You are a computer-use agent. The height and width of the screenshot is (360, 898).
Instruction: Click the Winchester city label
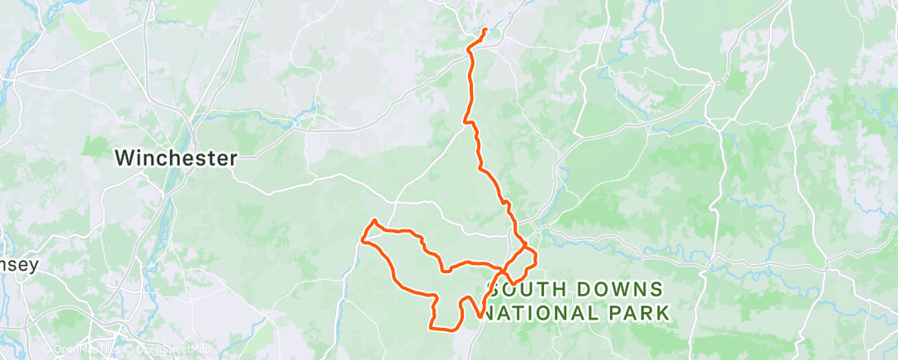(x=176, y=158)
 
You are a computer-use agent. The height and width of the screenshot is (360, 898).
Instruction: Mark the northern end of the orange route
(x=484, y=31)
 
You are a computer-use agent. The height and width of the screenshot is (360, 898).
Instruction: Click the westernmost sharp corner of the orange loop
(x=362, y=240)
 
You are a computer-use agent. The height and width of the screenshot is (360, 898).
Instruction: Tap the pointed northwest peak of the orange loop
(x=375, y=221)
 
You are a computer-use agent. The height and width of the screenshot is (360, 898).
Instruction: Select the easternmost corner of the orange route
(x=536, y=258)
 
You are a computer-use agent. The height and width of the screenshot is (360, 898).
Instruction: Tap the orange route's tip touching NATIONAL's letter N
(x=481, y=316)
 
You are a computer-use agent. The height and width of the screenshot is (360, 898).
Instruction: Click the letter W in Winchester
(x=123, y=158)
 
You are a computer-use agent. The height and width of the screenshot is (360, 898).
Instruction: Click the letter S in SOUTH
(x=495, y=290)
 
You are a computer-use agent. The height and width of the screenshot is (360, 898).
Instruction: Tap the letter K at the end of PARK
(x=663, y=313)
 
